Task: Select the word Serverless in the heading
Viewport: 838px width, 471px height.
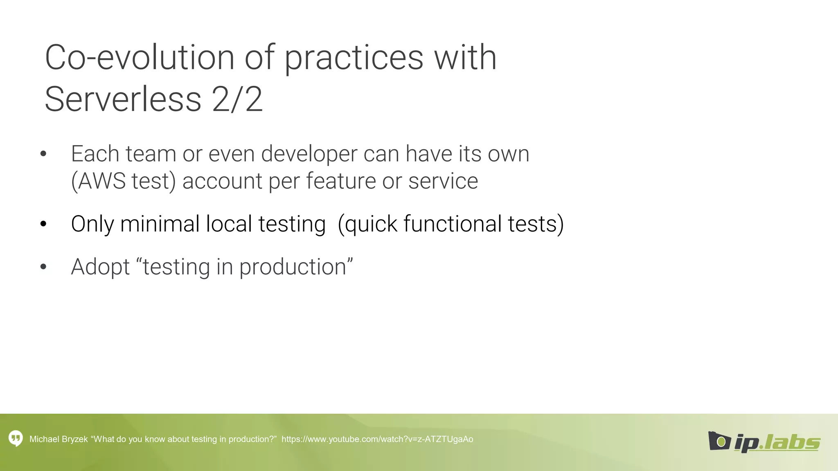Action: click(123, 99)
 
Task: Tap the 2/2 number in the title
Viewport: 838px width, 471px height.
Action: click(237, 99)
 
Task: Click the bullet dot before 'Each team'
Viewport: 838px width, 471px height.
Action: click(43, 154)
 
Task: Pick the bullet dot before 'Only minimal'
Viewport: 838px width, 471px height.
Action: click(43, 224)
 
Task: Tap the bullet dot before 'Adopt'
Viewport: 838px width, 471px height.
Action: click(43, 267)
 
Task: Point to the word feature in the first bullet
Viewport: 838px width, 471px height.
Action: click(340, 181)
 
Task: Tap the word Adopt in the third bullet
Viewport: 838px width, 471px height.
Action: click(100, 267)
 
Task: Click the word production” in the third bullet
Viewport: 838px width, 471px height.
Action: click(296, 267)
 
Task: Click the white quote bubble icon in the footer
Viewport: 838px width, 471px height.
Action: click(16, 439)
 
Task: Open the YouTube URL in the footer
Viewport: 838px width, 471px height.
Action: click(377, 439)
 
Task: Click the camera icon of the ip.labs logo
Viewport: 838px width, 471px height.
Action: click(719, 441)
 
